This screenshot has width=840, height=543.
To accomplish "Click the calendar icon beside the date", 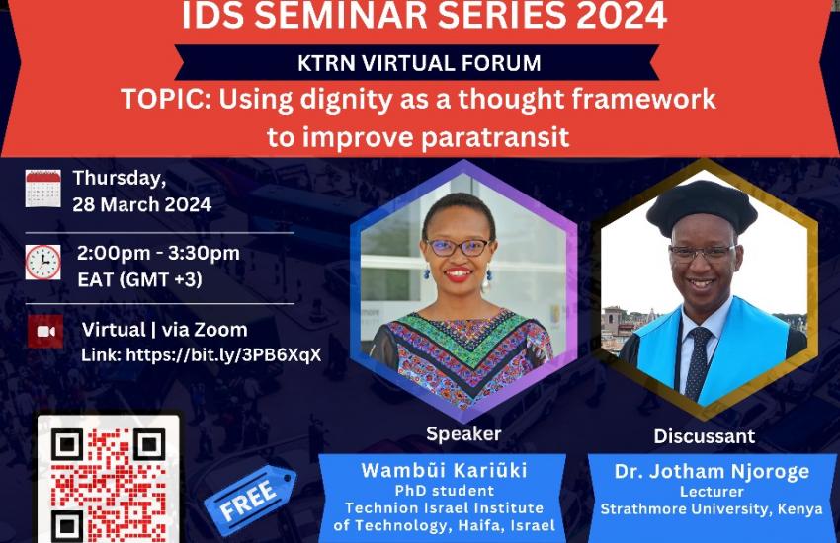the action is click(x=42, y=189).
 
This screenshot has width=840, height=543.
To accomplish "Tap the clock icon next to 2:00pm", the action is click(x=42, y=263).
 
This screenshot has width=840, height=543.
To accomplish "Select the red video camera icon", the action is click(x=45, y=331).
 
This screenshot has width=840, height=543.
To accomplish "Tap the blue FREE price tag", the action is click(x=250, y=500).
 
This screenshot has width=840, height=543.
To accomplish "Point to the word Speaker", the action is click(x=463, y=433).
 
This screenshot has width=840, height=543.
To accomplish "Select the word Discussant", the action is click(x=704, y=436).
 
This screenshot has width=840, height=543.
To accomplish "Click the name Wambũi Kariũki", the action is click(x=444, y=470).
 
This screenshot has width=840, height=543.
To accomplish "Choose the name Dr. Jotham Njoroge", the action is click(x=712, y=471).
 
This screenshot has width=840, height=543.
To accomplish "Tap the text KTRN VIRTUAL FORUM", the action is click(x=419, y=63).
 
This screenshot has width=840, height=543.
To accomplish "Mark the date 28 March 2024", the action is click(x=142, y=205).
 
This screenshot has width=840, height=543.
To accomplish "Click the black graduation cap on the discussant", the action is click(x=702, y=207).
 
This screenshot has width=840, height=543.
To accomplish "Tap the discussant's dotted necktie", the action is click(x=698, y=362).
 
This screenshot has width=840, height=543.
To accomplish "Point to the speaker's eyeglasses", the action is click(x=458, y=247).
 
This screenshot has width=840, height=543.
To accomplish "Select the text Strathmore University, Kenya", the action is click(x=712, y=508).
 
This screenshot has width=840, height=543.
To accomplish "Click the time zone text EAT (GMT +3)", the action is click(x=139, y=279).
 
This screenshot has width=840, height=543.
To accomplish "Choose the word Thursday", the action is click(x=120, y=178).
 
